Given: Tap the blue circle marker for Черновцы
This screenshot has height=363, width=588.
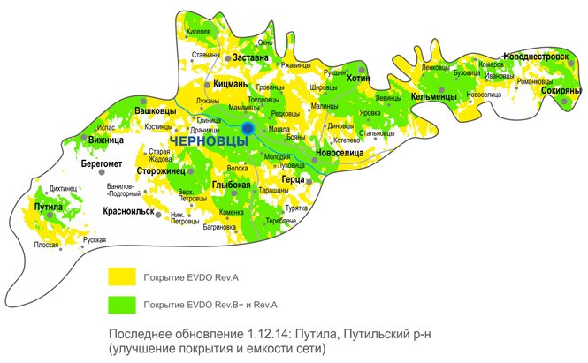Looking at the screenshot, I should tap(248, 129).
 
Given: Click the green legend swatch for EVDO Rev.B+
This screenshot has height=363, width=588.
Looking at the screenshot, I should tap(120, 305).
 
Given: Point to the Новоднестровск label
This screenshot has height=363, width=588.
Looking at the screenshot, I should tap(536, 56).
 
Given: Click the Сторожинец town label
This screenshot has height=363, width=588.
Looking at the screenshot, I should tap(160, 170).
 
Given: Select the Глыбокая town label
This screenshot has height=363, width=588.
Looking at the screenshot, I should tap(233, 184).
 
